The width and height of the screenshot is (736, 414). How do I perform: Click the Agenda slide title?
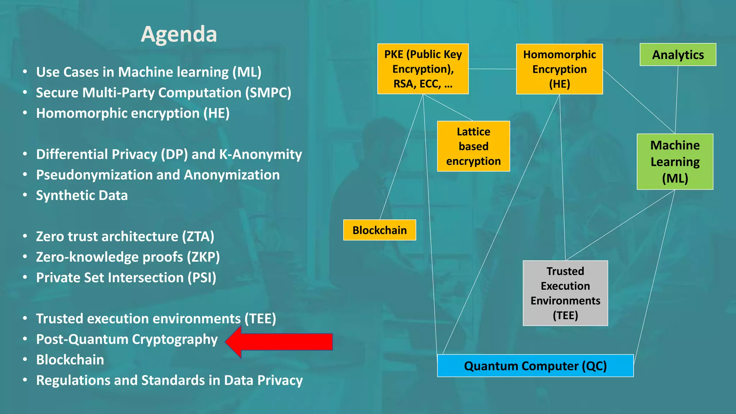coord(179,34)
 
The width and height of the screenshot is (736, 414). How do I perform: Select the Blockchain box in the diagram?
coord(379,230)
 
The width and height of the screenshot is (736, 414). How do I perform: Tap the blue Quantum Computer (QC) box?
coord(535,366)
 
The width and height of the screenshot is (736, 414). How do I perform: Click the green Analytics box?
coord(678,55)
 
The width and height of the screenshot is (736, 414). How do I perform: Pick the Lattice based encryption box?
coord(473,146)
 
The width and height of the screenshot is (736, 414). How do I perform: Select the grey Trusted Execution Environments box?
coord(565,293)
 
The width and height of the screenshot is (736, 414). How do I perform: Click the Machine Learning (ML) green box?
coord(675,162)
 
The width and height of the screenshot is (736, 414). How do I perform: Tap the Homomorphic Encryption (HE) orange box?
coord(559,69)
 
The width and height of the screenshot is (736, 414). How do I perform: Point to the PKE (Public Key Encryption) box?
coord(423,69)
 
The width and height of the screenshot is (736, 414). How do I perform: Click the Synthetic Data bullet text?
coord(82,195)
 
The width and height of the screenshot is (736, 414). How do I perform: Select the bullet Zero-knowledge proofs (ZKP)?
coord(128,257)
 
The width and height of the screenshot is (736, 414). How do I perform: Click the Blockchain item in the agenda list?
coord(70,360)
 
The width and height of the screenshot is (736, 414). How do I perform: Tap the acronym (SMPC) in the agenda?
coord(268,93)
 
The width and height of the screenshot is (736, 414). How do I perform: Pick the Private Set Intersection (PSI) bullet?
coord(126,278)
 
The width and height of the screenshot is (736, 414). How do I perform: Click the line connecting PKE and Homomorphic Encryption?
coord(492,69)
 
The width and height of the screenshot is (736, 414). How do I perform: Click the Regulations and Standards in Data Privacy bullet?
coord(169,380)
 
